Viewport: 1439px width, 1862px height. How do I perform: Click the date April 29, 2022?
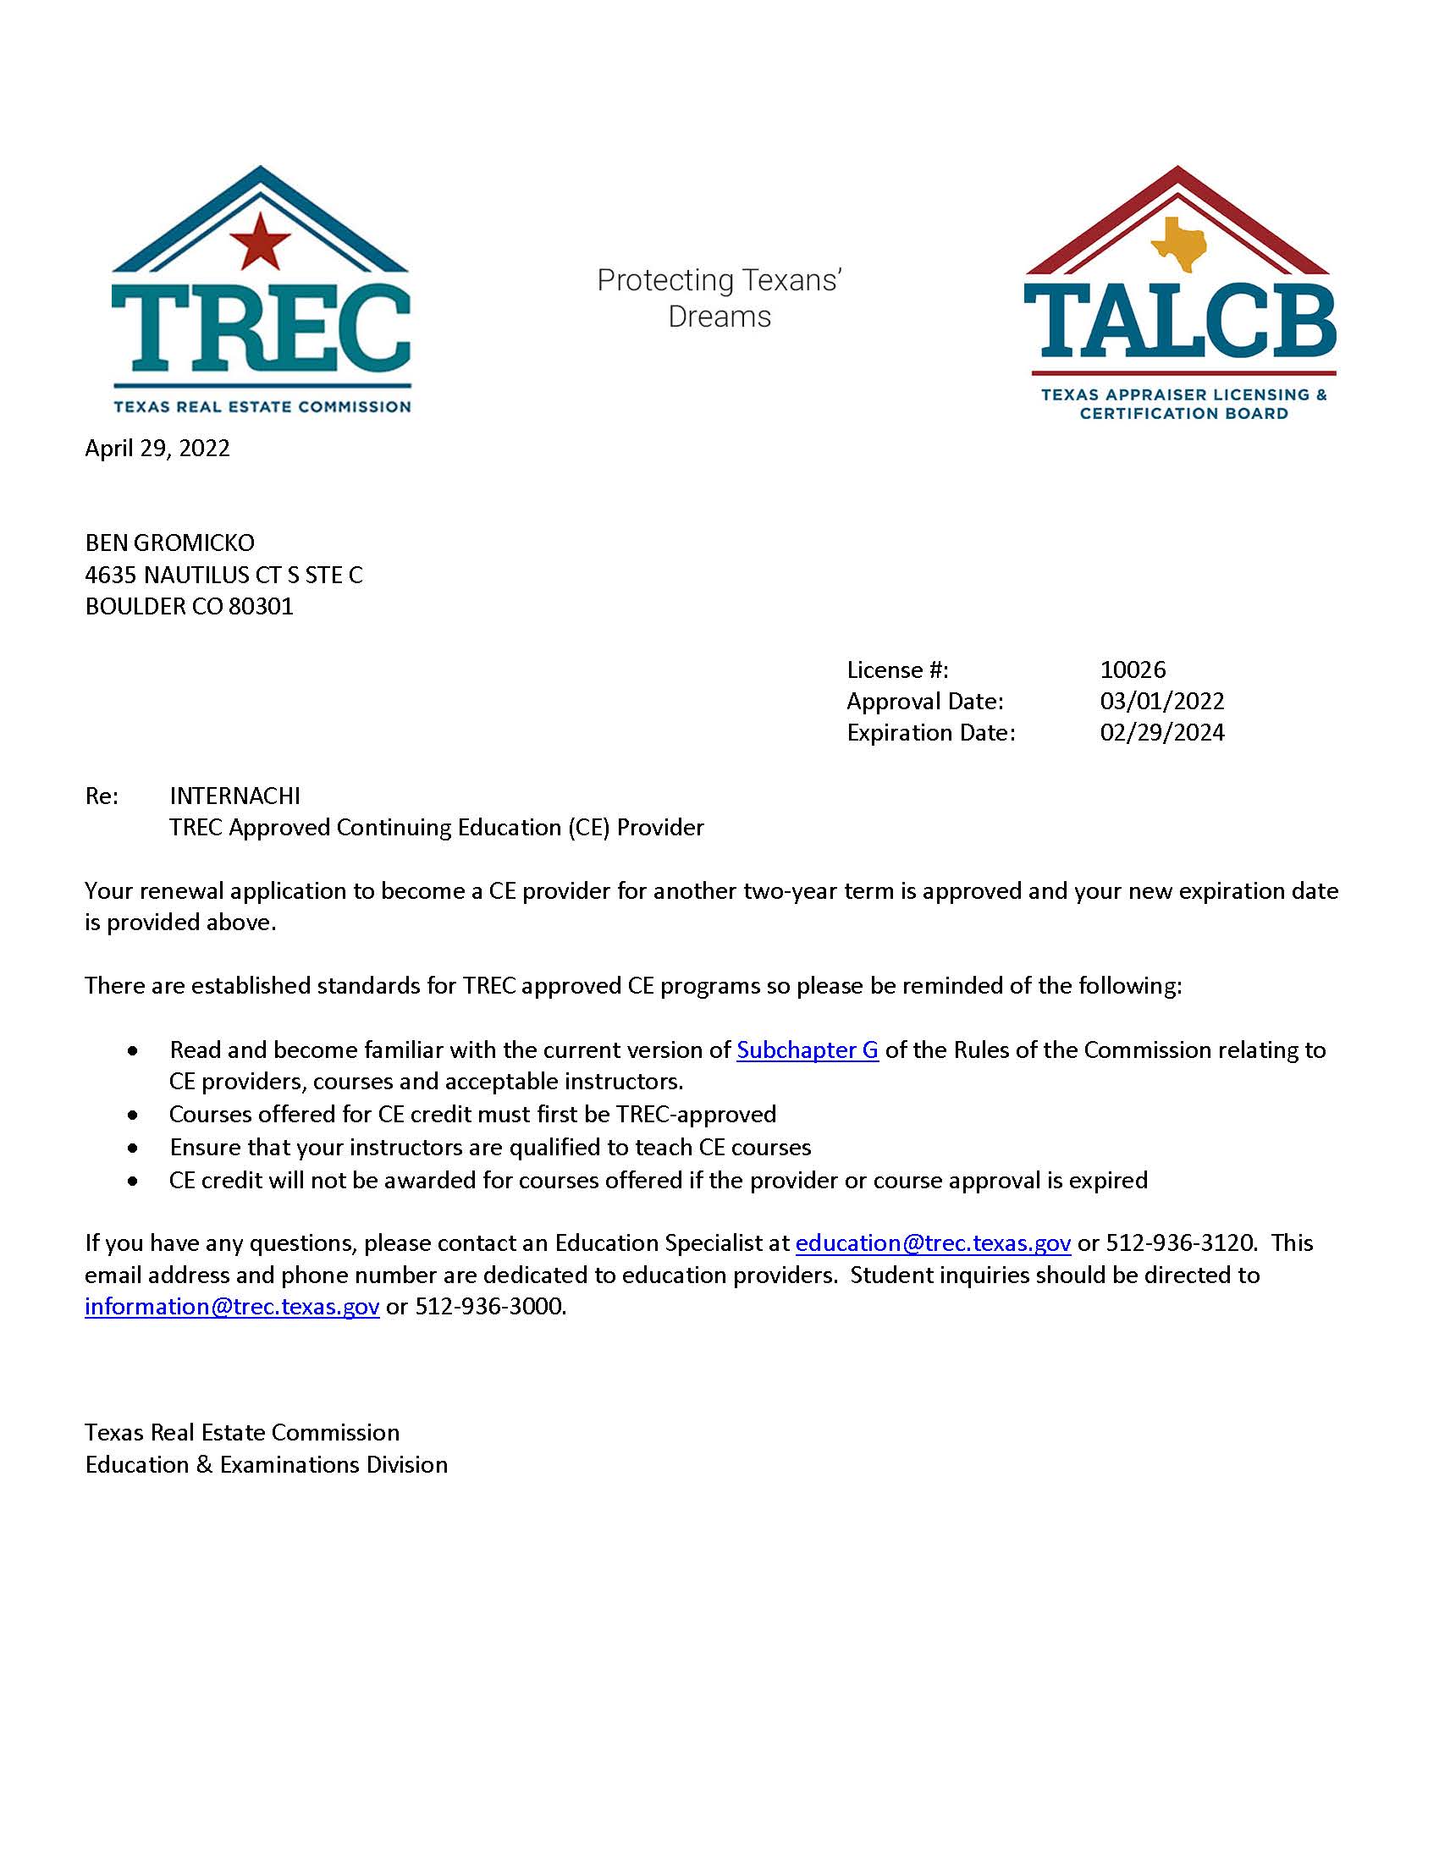(157, 449)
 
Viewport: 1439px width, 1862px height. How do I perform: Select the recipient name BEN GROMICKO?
(169, 543)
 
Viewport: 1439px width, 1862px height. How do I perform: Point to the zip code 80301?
(261, 606)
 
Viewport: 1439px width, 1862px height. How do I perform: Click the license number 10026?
(1132, 669)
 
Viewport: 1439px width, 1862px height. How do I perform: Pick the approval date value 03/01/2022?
(1162, 701)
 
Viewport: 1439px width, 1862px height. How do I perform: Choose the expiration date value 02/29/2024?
(1162, 732)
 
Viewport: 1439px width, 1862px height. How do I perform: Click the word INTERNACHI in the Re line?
(234, 796)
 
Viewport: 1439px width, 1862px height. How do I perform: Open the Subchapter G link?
(808, 1049)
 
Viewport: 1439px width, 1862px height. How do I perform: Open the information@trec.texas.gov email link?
(232, 1306)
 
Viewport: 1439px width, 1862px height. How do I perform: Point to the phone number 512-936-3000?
(489, 1306)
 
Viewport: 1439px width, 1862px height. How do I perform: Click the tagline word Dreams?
(719, 317)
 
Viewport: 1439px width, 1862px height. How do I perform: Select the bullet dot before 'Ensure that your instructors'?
(132, 1149)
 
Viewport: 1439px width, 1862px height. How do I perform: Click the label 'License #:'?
(897, 669)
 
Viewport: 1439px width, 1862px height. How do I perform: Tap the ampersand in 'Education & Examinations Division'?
(206, 1465)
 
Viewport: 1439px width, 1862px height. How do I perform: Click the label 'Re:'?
(102, 796)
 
